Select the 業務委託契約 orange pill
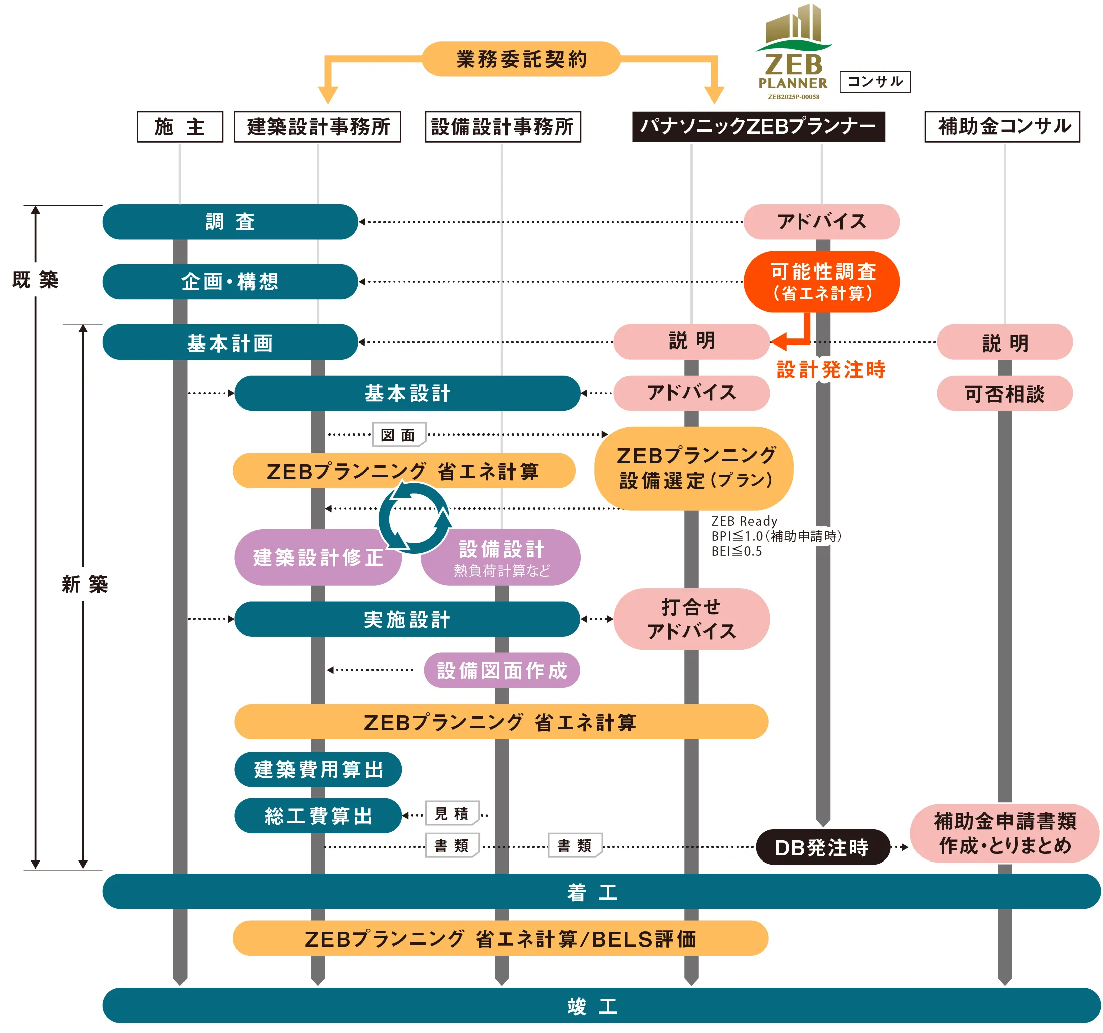tap(521, 59)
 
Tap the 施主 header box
tap(180, 127)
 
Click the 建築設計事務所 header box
tap(317, 127)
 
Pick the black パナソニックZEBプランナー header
tap(758, 127)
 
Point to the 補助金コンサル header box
tap(1002, 127)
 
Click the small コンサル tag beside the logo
tap(875, 82)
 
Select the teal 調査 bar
tap(230, 222)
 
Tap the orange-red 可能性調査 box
tap(822, 282)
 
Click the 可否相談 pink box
tap(1004, 394)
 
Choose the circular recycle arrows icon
tap(415, 518)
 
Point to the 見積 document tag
tap(452, 814)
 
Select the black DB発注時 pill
tap(822, 847)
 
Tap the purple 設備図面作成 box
tap(501, 670)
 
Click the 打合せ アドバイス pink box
tap(691, 619)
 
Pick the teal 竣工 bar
tap(602, 1005)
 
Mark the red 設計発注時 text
tap(831, 370)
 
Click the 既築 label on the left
tap(36, 280)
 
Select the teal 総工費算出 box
tap(318, 816)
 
